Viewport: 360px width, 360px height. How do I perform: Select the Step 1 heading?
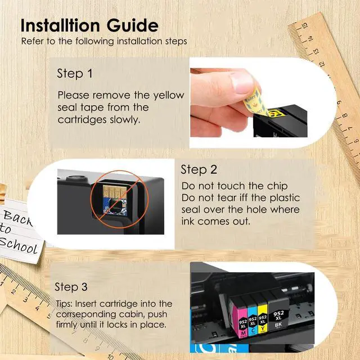75,74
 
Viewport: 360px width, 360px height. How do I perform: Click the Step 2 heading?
199,170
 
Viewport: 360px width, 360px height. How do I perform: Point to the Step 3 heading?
71,287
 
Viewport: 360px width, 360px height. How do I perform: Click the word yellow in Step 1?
169,96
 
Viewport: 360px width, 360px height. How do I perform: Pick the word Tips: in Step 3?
64,304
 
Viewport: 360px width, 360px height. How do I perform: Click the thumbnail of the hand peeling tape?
249,102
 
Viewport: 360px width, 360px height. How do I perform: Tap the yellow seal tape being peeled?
255,102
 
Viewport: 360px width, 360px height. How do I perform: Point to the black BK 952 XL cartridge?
278,310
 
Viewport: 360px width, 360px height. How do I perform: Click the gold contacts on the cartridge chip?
115,191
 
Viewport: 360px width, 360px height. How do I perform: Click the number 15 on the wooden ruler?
304,26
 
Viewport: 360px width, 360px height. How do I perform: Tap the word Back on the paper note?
17,218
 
